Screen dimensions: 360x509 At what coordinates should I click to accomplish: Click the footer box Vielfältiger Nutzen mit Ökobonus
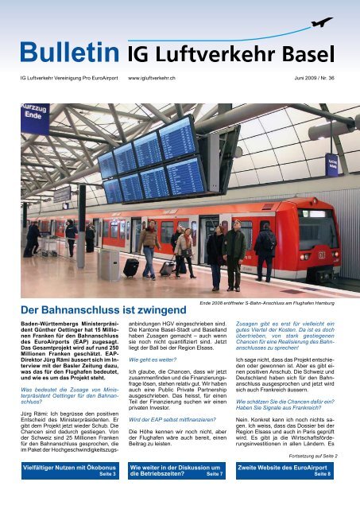coord(69,491)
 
